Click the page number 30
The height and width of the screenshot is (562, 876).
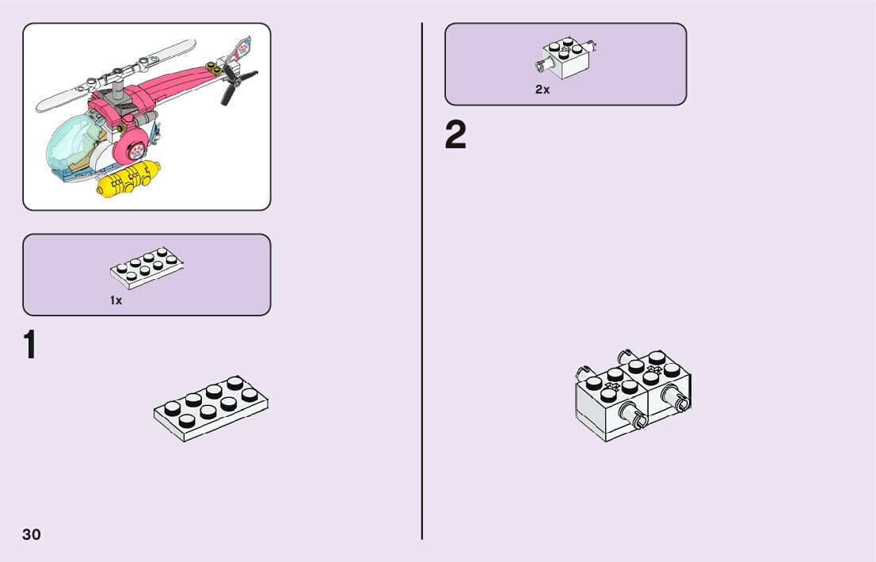click(x=32, y=534)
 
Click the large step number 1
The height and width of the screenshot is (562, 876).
click(x=29, y=346)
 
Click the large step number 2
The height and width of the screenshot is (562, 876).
click(x=455, y=136)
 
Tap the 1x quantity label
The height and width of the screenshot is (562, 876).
click(x=116, y=301)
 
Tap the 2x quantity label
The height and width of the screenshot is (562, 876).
click(x=543, y=90)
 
